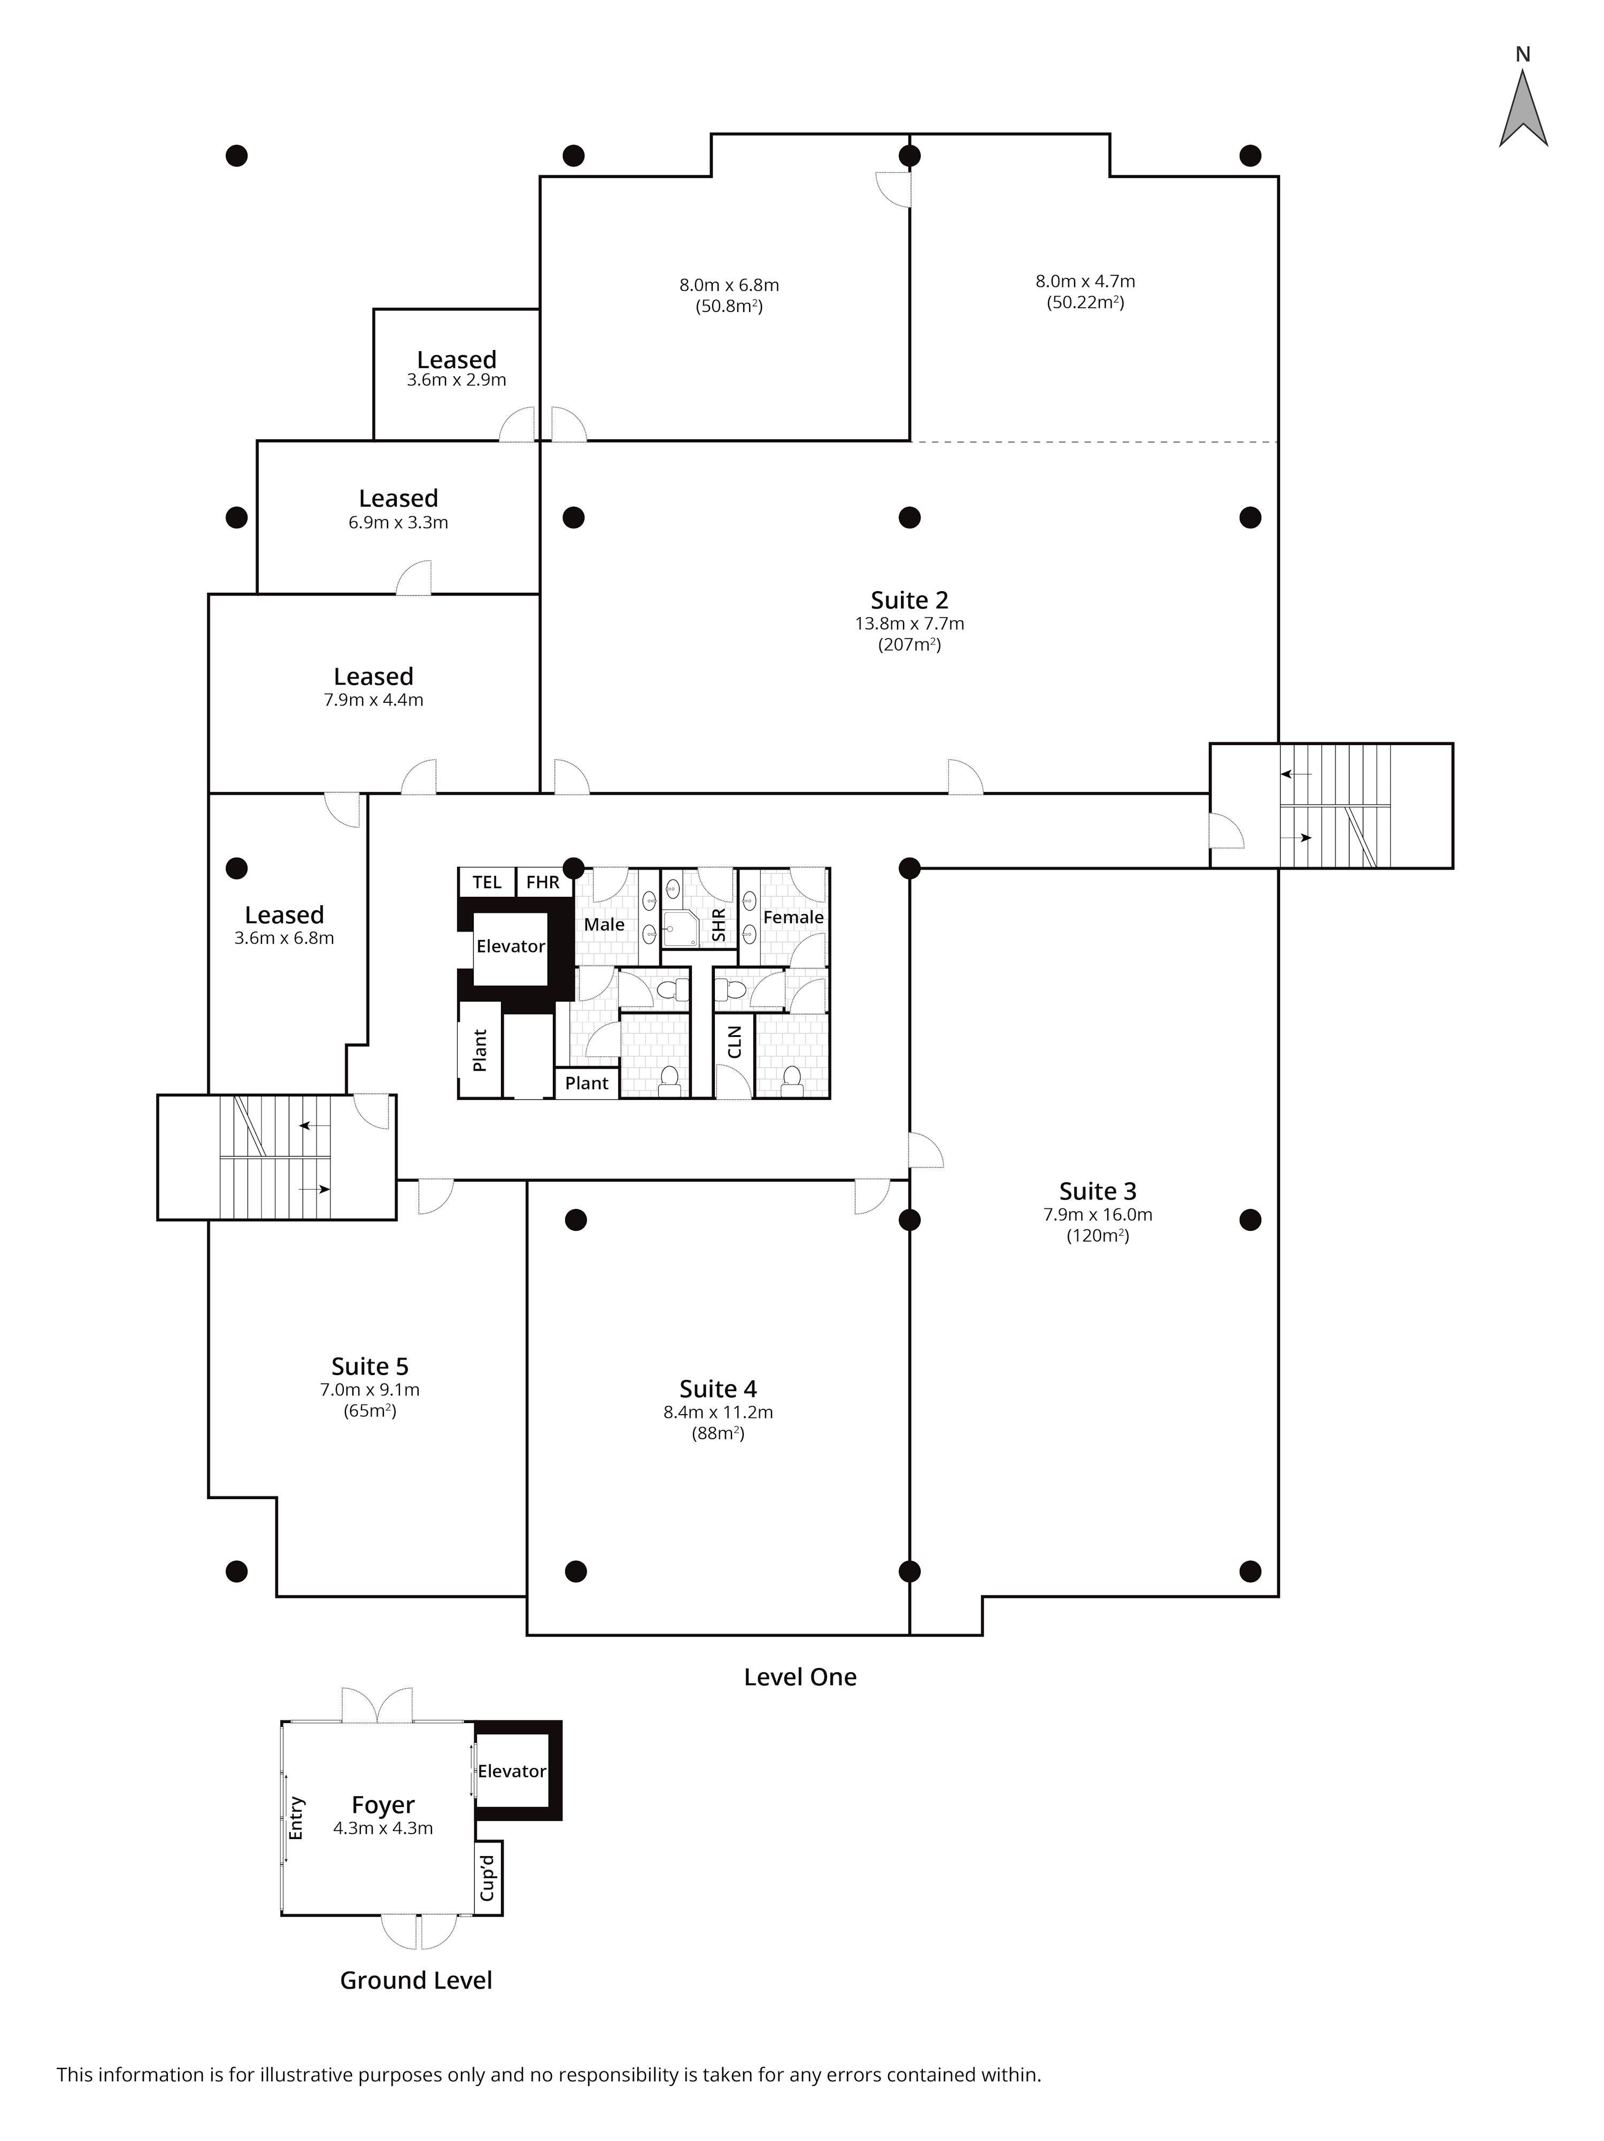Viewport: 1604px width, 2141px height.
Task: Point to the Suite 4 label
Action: [x=718, y=1389]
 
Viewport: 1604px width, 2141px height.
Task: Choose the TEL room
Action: [x=487, y=882]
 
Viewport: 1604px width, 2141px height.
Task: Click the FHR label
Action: [x=543, y=882]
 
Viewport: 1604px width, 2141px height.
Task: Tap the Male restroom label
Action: [x=604, y=925]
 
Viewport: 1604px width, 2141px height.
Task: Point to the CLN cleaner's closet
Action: [x=734, y=1042]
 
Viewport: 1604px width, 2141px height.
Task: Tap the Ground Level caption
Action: [x=417, y=1980]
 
